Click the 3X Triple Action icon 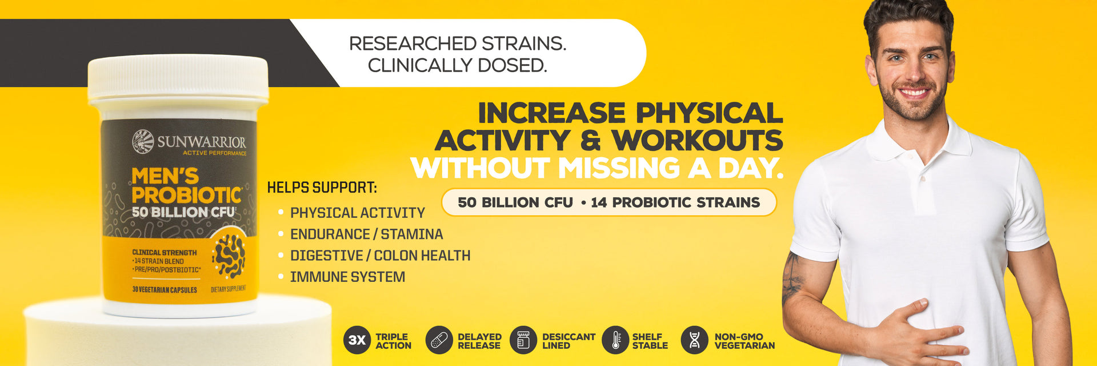pos(357,340)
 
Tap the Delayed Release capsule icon pos(439,340)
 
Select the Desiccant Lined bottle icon pos(523,340)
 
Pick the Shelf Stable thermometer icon pos(615,340)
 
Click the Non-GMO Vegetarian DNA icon pos(695,340)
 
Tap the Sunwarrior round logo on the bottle pos(143,141)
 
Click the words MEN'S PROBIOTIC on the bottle pos(186,185)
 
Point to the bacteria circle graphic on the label pos(229,256)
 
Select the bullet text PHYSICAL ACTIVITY pos(357,213)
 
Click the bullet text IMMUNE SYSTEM pos(347,277)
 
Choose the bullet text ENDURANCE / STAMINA pos(366,234)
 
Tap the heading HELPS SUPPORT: pos(322,188)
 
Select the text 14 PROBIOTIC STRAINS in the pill pos(675,202)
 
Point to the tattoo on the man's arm pos(792,279)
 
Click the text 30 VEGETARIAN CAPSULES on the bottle pos(165,289)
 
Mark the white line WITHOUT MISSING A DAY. pos(596,168)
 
